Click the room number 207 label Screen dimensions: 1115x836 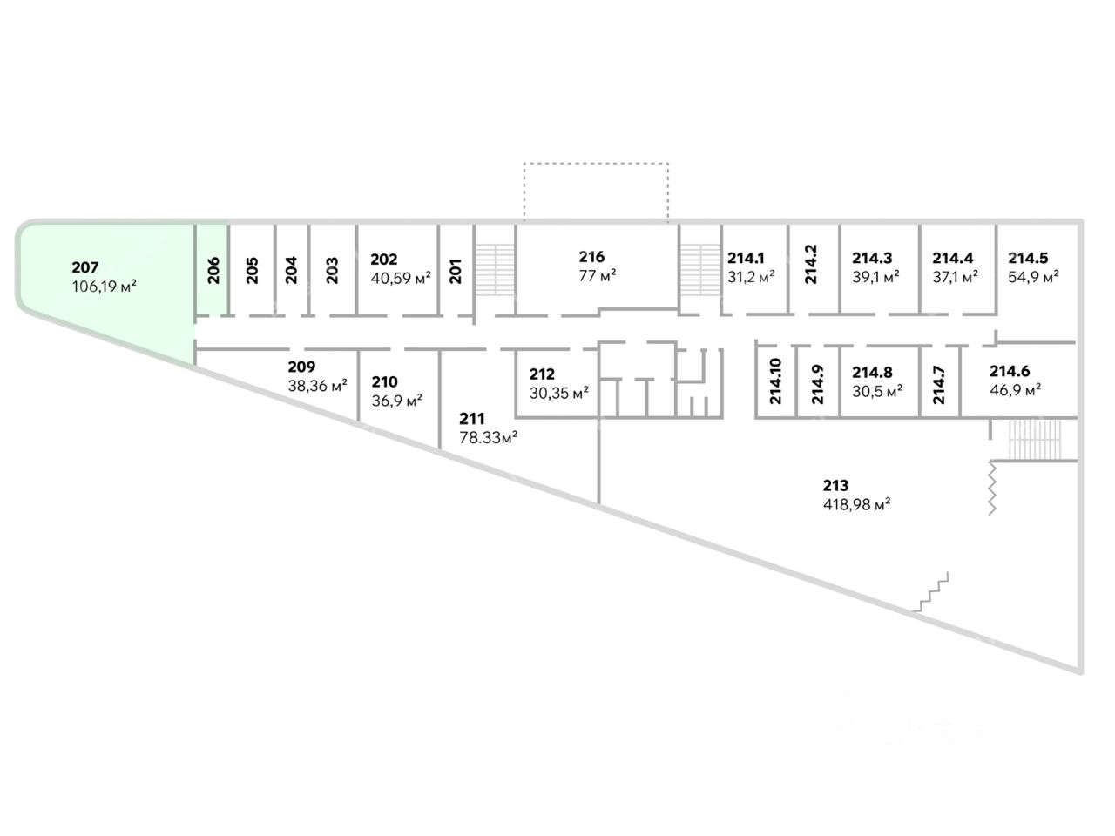click(x=86, y=268)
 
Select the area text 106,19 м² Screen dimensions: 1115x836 click(x=105, y=286)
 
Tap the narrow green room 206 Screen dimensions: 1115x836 click(x=212, y=271)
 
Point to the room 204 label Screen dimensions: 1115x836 click(x=291, y=270)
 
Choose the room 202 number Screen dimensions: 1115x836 click(x=384, y=260)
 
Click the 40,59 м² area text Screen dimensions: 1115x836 click(x=401, y=279)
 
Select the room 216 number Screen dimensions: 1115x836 click(x=591, y=257)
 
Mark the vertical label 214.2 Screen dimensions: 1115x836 click(x=811, y=265)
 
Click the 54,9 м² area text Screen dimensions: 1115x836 click(x=1033, y=277)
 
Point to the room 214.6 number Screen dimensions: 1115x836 click(x=1010, y=372)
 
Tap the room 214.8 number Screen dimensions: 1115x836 click(x=872, y=373)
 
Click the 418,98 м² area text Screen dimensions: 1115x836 click(x=856, y=504)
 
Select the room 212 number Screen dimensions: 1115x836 click(x=542, y=375)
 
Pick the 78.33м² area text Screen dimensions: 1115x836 click(x=489, y=438)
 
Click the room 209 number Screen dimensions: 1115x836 click(x=301, y=367)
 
